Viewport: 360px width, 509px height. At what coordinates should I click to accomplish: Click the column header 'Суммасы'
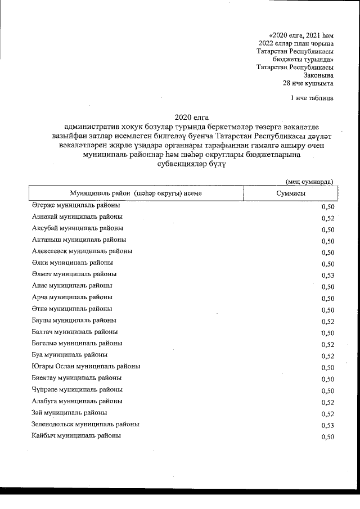tap(291, 193)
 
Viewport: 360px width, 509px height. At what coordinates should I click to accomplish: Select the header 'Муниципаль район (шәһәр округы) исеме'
tap(136, 193)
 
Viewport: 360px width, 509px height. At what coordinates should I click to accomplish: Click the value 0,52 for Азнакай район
tap(328, 218)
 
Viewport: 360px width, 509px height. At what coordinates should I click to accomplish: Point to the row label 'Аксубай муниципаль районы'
tap(78, 228)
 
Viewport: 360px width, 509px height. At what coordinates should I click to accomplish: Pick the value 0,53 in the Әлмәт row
tap(328, 276)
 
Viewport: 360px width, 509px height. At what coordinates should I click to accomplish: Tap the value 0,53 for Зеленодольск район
tap(328, 425)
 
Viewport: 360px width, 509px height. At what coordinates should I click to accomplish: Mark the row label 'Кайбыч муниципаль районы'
tap(76, 436)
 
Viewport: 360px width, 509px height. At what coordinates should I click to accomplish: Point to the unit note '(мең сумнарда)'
tap(309, 181)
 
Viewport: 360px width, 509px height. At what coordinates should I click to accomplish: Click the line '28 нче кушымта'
tap(308, 83)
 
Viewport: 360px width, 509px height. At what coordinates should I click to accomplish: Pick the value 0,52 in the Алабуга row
tap(328, 402)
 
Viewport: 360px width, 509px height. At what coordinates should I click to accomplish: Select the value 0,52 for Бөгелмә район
tap(328, 344)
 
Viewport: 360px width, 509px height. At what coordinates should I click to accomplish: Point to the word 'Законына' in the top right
tap(318, 75)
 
